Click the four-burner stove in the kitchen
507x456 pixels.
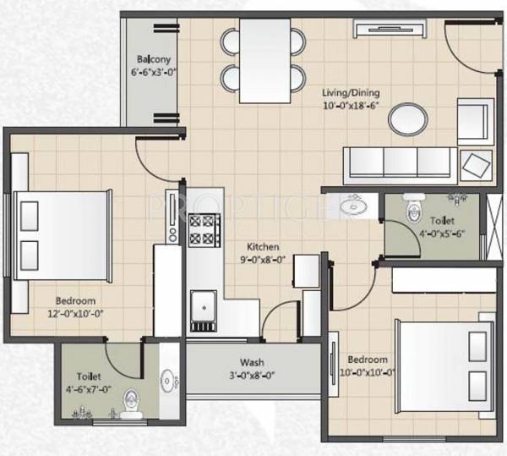(x=204, y=228)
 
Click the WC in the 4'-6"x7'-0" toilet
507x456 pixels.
(x=131, y=402)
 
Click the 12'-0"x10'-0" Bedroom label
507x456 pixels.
(x=76, y=300)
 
